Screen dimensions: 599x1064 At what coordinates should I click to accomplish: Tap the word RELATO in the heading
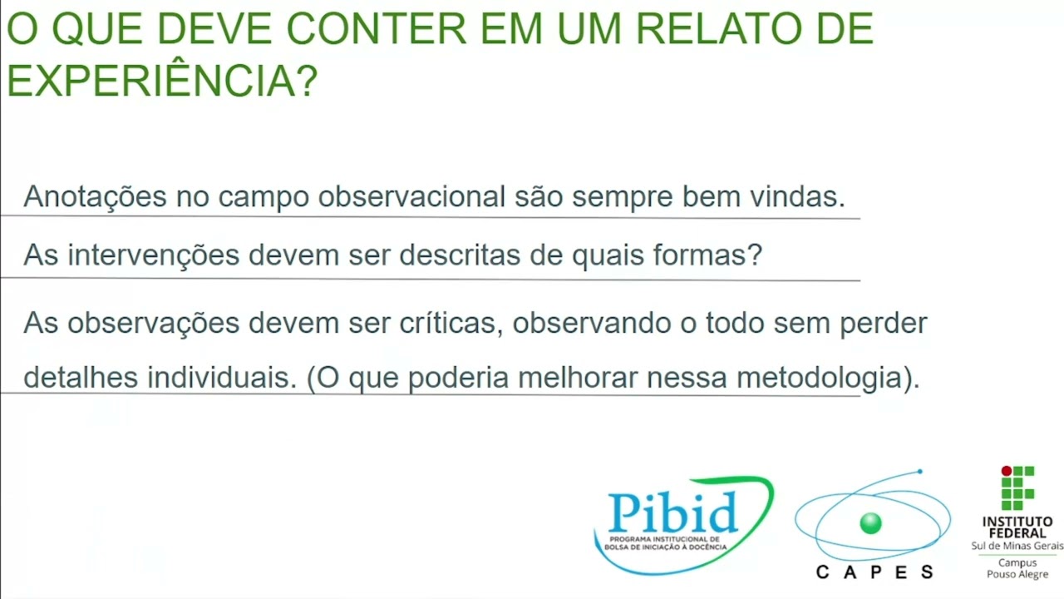point(717,29)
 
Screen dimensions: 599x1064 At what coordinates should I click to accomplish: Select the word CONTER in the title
point(376,29)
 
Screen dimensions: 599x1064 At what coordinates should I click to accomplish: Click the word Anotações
point(95,197)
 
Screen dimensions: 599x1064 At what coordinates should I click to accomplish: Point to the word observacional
point(411,197)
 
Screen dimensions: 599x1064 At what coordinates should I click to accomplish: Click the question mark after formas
point(755,255)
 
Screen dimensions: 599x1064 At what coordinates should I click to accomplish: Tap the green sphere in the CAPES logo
point(870,523)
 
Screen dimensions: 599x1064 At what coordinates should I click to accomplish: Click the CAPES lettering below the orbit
point(874,572)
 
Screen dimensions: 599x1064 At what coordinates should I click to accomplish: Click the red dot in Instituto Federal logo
point(1006,472)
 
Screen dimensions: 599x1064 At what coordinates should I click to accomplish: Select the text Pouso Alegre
point(1017,574)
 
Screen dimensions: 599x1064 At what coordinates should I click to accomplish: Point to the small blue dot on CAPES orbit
point(919,472)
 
